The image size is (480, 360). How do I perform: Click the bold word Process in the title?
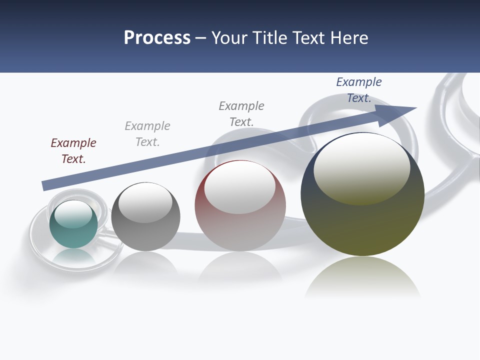157,38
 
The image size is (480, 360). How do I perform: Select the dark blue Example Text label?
359,90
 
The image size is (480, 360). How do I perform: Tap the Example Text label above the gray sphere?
147,134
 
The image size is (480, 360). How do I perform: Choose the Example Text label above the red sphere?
241,114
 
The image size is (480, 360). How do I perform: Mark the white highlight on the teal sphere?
73,214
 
